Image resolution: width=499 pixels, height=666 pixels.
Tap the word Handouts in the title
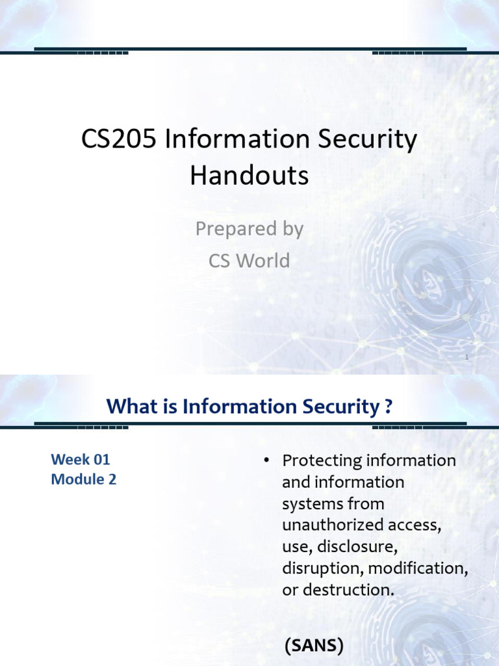249,176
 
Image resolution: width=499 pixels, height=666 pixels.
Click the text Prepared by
249,230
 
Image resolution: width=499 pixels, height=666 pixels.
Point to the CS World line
249,261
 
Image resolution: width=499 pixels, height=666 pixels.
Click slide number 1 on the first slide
467,357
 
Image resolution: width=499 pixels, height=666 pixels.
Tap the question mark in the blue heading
389,407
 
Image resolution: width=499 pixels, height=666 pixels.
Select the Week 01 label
81,459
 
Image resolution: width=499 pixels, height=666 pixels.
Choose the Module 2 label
84,481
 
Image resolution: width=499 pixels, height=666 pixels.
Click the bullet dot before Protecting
266,460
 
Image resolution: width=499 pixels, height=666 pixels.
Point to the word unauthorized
331,526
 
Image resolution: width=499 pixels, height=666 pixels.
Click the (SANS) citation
313,646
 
